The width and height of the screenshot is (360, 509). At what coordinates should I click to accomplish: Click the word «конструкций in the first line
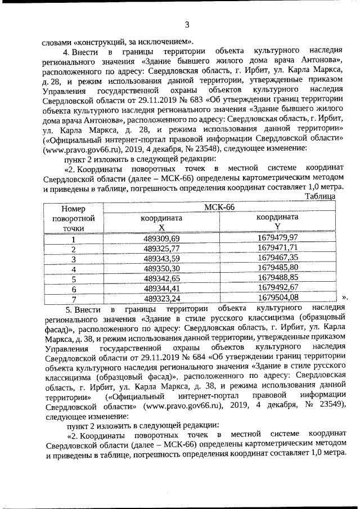[98, 42]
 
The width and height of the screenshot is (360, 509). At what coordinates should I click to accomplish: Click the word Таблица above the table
[319, 196]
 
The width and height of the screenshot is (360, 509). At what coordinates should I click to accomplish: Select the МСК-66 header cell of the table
[219, 206]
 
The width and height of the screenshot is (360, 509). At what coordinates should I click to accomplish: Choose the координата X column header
[161, 222]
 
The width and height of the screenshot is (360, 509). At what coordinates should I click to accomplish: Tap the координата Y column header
[277, 222]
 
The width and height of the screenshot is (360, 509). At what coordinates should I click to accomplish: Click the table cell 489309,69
[161, 238]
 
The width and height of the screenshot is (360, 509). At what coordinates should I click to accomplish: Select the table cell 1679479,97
[277, 238]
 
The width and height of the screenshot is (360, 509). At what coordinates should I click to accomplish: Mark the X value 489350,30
[161, 268]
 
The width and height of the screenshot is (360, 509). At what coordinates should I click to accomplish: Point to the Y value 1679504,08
[277, 298]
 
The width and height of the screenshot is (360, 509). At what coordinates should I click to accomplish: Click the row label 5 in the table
[73, 278]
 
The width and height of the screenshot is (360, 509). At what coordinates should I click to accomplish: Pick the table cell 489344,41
[161, 288]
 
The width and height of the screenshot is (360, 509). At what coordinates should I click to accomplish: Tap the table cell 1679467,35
[277, 258]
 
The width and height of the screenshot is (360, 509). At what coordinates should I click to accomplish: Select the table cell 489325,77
[161, 248]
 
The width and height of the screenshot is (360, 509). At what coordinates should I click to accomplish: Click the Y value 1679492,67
[277, 288]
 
